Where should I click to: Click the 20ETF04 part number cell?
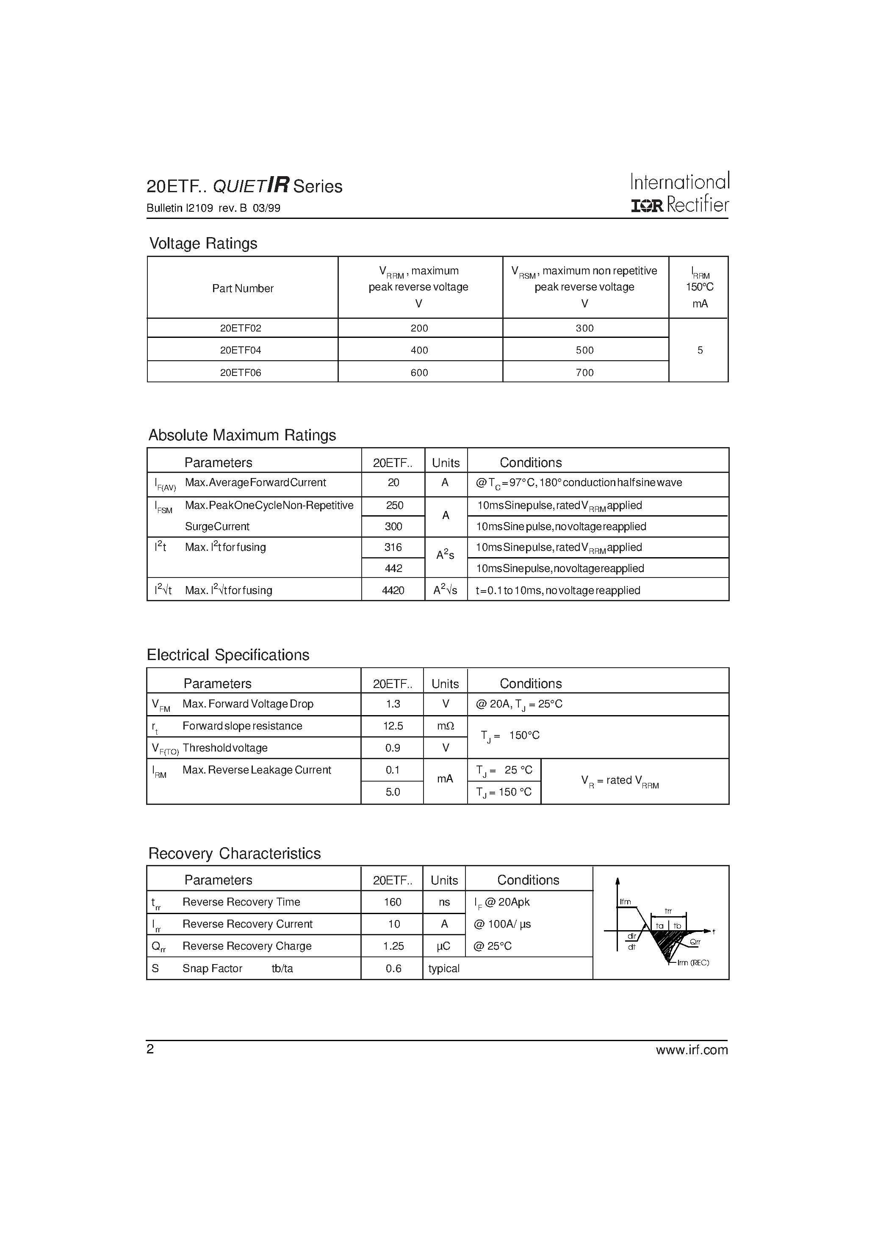pyautogui.click(x=241, y=350)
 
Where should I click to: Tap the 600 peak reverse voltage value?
pyautogui.click(x=419, y=373)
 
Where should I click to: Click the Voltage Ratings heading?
pyautogui.click(x=203, y=244)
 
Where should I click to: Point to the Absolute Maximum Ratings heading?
pyautogui.click(x=242, y=435)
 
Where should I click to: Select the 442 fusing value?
pyautogui.click(x=393, y=568)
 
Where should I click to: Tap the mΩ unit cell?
pyautogui.click(x=446, y=726)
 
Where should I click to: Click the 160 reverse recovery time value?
pyautogui.click(x=393, y=902)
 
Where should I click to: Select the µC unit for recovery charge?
pyautogui.click(x=444, y=946)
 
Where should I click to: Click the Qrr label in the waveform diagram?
pyautogui.click(x=695, y=942)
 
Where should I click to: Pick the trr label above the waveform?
pyautogui.click(x=668, y=911)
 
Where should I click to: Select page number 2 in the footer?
pyautogui.click(x=150, y=1049)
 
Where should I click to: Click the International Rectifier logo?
pyautogui.click(x=680, y=193)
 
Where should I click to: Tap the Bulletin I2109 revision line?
pyautogui.click(x=213, y=208)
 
